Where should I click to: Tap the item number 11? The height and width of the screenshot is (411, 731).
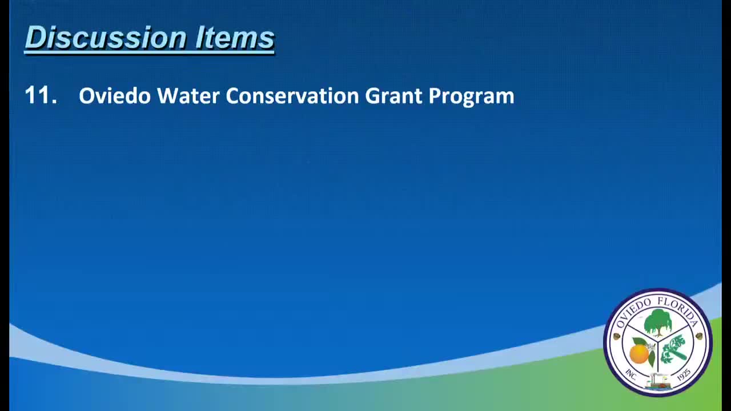[41, 95]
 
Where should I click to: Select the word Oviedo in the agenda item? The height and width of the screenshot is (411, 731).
[115, 95]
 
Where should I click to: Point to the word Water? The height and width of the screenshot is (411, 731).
[188, 95]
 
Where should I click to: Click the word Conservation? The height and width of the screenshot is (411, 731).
[292, 95]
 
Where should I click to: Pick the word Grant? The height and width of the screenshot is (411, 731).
[393, 95]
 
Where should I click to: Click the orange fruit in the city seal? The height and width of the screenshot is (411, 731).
[639, 353]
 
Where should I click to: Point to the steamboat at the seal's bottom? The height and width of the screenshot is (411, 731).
[658, 382]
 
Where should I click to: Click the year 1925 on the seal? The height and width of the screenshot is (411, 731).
[684, 375]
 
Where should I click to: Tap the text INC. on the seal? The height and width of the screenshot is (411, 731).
[631, 375]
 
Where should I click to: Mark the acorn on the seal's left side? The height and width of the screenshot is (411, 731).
[617, 336]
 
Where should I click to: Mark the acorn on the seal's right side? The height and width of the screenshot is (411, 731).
[700, 336]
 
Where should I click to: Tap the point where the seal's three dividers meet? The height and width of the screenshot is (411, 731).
[658, 342]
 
